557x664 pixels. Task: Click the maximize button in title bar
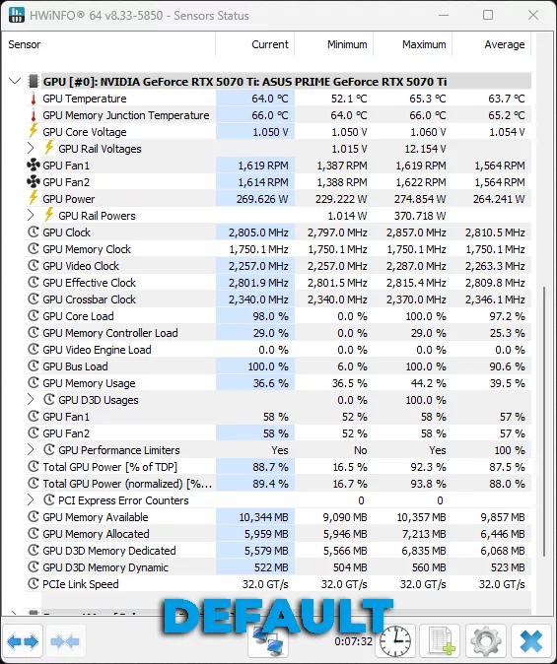pos(488,16)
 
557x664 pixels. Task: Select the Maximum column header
pos(424,44)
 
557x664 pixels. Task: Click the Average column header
pos(504,44)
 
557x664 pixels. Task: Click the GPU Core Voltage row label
pos(85,132)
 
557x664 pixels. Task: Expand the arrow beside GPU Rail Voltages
pos(32,149)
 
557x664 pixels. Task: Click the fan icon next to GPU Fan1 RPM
pos(33,166)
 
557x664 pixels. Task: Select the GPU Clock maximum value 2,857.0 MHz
pos(412,232)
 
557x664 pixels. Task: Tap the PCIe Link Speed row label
pos(81,584)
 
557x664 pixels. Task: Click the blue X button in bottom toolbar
pos(530,641)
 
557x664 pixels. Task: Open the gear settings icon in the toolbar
pos(486,641)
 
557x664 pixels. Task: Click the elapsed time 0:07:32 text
pos(353,641)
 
